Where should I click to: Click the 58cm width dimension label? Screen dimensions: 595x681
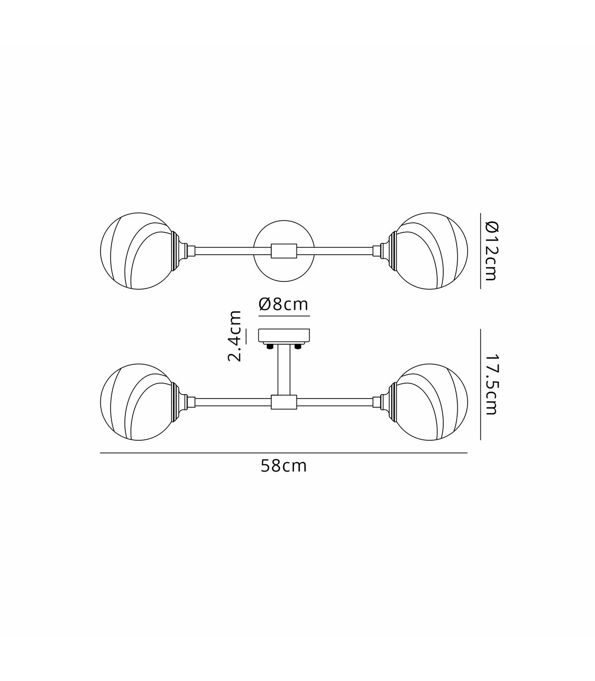[283, 466]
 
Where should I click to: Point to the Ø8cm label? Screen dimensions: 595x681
[284, 304]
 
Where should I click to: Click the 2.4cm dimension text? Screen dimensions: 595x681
[235, 336]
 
